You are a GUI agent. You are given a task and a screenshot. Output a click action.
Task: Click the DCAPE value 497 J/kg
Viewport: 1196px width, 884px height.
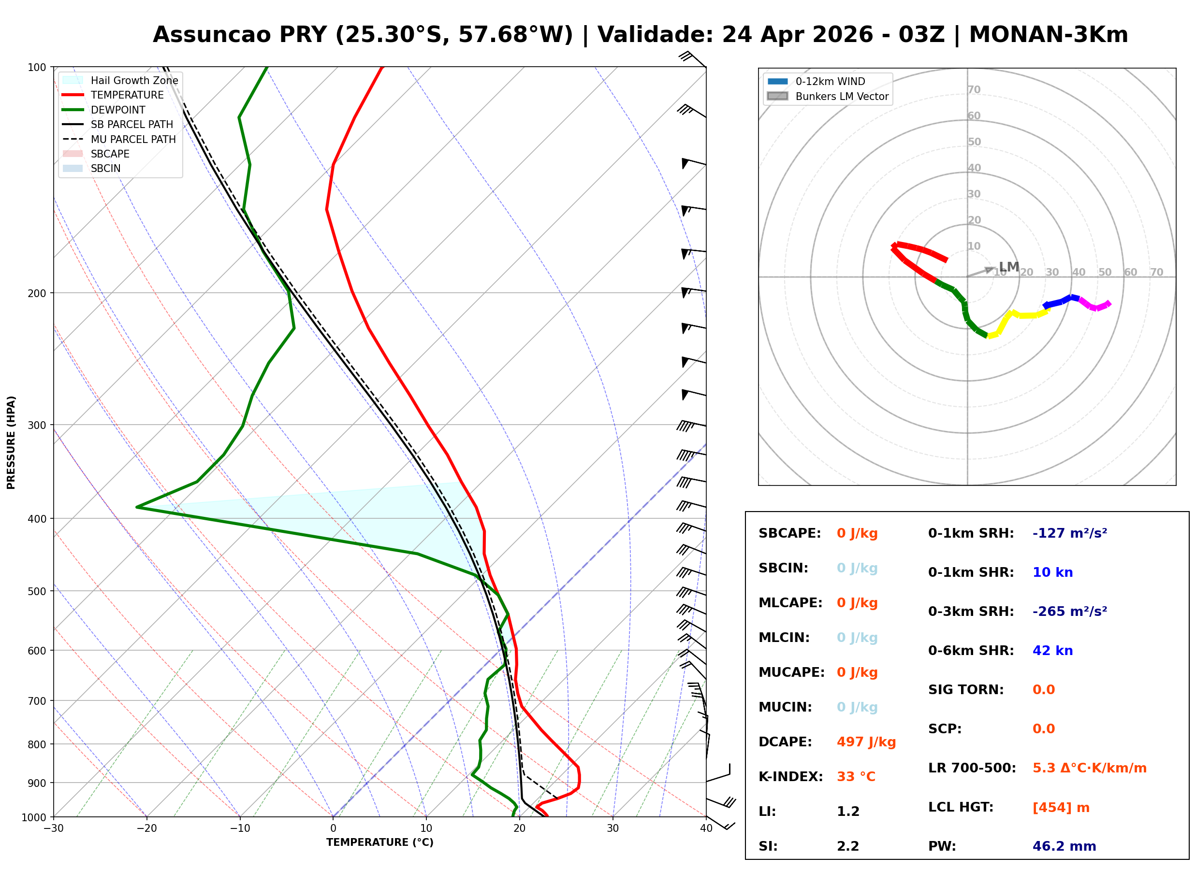coord(866,742)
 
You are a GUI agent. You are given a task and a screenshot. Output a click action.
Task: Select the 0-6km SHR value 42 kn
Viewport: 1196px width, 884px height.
coord(1052,651)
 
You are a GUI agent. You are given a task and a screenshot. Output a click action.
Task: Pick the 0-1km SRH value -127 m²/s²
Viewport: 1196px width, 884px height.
coord(1069,533)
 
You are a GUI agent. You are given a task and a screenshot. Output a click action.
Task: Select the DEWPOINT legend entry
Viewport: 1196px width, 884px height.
coord(118,110)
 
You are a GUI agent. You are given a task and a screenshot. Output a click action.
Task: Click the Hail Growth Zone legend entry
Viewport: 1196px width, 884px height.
coord(134,80)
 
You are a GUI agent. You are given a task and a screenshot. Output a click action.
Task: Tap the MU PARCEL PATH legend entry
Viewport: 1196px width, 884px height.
coord(133,139)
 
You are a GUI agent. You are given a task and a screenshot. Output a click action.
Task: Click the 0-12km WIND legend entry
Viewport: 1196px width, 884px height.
coord(830,81)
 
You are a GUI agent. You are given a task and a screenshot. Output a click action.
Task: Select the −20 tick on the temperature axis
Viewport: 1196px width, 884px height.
coord(146,828)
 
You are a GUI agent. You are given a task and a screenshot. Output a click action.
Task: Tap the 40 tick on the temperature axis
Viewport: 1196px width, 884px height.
coord(706,828)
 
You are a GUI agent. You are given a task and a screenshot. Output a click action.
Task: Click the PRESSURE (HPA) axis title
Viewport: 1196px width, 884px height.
coord(11,442)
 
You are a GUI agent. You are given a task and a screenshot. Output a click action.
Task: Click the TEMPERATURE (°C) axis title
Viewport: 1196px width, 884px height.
coord(379,842)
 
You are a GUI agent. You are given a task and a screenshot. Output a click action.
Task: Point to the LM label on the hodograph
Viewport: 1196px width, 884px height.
coord(1008,267)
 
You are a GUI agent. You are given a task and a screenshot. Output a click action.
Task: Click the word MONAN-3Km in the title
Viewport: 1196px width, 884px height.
coord(1048,35)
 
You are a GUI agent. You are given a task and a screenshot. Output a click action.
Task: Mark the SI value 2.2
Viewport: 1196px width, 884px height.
coord(847,846)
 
